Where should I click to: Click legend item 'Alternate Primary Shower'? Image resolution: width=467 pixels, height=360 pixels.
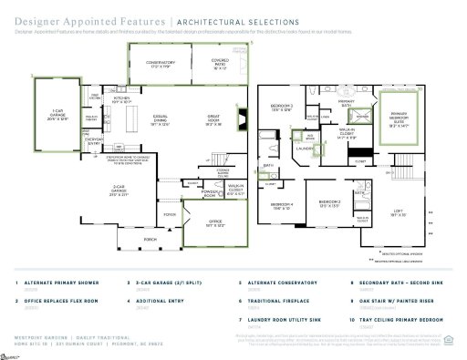coord(60,283)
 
